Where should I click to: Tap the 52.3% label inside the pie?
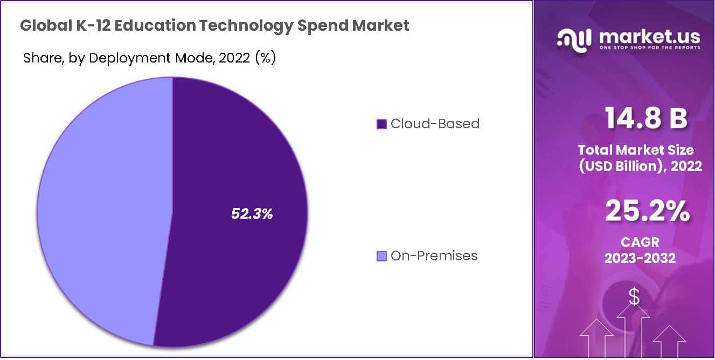pos(252,214)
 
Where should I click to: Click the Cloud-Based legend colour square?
pos(381,124)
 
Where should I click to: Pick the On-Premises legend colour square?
pos(381,257)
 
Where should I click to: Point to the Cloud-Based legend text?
pos(435,124)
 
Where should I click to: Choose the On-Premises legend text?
pos(434,256)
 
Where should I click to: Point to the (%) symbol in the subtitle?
pos(265,58)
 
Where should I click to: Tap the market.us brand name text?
pos(649,36)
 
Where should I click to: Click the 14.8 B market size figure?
pos(645,118)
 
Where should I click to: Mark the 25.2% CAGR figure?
pos(647,211)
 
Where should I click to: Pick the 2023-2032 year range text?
pos(640,258)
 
